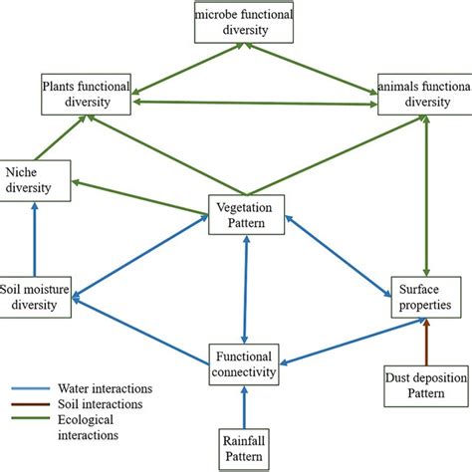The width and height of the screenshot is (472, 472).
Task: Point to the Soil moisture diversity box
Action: click(x=36, y=297)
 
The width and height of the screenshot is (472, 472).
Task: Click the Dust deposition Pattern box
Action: click(x=425, y=385)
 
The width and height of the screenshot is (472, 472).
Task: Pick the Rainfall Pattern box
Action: click(x=245, y=444)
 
